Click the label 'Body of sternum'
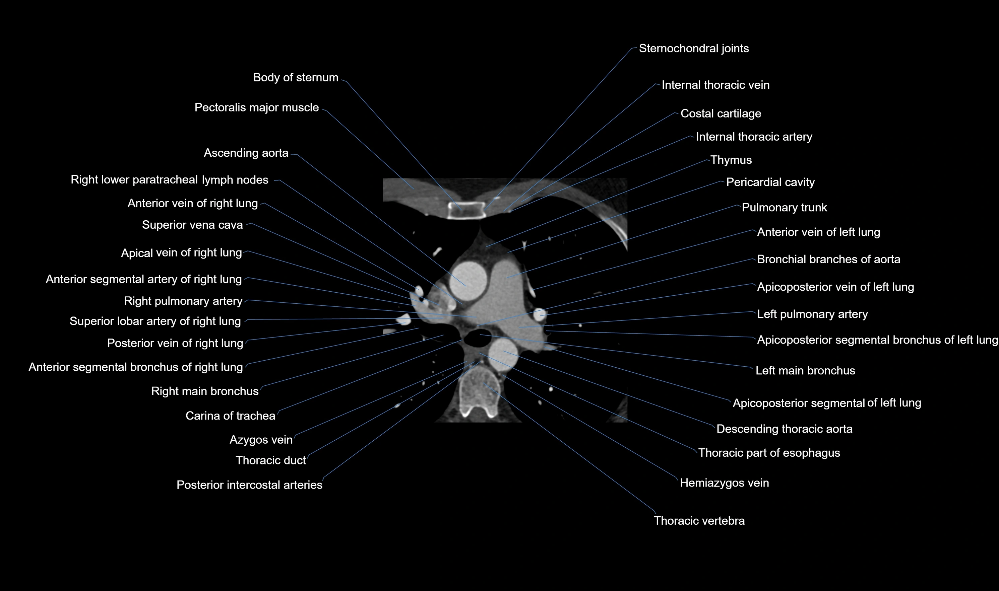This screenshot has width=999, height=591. pyautogui.click(x=295, y=78)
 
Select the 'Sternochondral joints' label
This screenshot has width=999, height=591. pyautogui.click(x=693, y=49)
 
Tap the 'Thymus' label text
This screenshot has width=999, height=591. pyautogui.click(x=731, y=160)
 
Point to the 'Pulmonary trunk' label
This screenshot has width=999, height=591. pyautogui.click(x=784, y=208)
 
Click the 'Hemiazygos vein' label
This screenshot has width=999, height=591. pyautogui.click(x=724, y=483)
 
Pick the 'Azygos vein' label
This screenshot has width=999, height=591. pyautogui.click(x=261, y=440)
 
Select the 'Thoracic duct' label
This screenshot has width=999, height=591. pyautogui.click(x=270, y=460)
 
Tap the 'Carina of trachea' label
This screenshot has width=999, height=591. pyautogui.click(x=230, y=416)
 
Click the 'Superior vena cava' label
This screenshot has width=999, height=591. pyautogui.click(x=192, y=225)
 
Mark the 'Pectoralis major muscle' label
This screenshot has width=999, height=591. pyautogui.click(x=256, y=107)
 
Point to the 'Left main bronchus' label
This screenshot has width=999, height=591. pyautogui.click(x=805, y=371)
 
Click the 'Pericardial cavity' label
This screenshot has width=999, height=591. pyautogui.click(x=770, y=182)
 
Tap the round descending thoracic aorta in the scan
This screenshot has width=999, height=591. pyautogui.click(x=503, y=353)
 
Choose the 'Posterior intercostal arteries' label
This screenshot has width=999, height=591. pyautogui.click(x=249, y=485)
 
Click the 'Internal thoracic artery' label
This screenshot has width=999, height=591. pyautogui.click(x=754, y=137)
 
